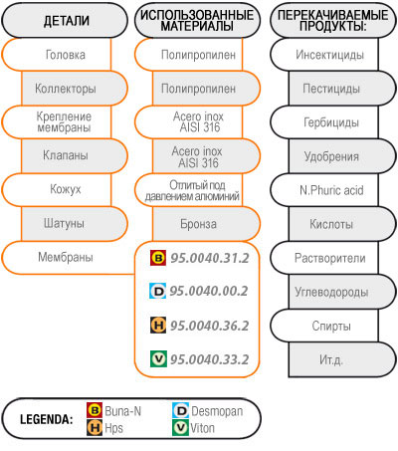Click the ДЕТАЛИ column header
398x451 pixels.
[x=65, y=21]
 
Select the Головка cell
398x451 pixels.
[x=57, y=55]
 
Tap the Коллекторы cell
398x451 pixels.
[x=75, y=89]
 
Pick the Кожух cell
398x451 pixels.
[x=57, y=189]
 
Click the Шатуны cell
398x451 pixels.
[x=75, y=223]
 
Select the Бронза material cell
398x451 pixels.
[x=206, y=224]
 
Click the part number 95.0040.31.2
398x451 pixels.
[x=210, y=258]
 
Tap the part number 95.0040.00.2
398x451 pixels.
[x=209, y=291]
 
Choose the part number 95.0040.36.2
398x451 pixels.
[x=210, y=326]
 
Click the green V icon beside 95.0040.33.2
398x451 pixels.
[x=158, y=358]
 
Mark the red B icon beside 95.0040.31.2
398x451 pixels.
[x=158, y=258]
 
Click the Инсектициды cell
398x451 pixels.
[x=324, y=55]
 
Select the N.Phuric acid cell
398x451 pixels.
[x=324, y=190]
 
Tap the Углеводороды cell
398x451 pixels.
[x=342, y=292]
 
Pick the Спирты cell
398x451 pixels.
[x=324, y=326]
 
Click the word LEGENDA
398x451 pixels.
[x=47, y=419]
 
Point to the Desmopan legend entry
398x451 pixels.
[x=208, y=411]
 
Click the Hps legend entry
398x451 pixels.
[x=104, y=427]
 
